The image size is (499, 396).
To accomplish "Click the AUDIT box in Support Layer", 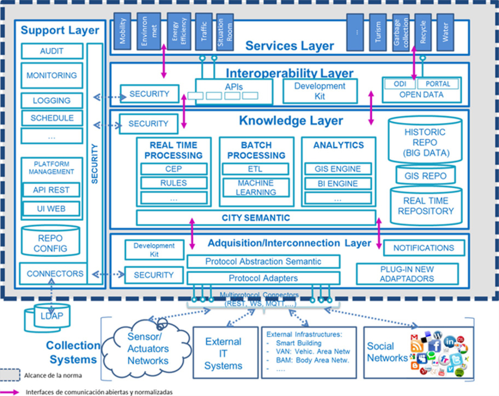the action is [52, 51].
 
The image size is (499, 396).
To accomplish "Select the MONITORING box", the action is [52, 76].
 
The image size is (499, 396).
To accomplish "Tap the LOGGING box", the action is [52, 100].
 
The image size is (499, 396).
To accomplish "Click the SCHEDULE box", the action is [52, 118].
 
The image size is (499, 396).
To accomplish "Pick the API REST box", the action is [51, 190].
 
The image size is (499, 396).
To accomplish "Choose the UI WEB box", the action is [51, 209].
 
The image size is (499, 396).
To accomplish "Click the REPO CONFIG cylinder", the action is [50, 240].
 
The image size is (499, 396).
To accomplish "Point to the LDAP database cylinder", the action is [48, 318].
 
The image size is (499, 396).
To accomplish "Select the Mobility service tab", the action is [122, 31].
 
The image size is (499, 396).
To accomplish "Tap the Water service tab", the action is [445, 32].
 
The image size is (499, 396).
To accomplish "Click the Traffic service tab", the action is [204, 31].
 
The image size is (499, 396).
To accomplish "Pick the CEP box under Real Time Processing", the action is [174, 169].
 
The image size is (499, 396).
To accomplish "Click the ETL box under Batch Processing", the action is [256, 169].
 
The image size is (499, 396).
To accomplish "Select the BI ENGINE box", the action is [338, 183].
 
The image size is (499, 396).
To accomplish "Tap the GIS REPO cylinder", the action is [426, 175].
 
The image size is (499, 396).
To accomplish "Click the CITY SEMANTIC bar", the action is [256, 217].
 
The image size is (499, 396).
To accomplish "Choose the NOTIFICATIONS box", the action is [424, 248].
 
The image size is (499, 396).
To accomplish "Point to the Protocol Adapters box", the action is [264, 278].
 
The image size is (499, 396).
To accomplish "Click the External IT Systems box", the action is [225, 353].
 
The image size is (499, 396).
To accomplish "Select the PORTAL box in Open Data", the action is [438, 84].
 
